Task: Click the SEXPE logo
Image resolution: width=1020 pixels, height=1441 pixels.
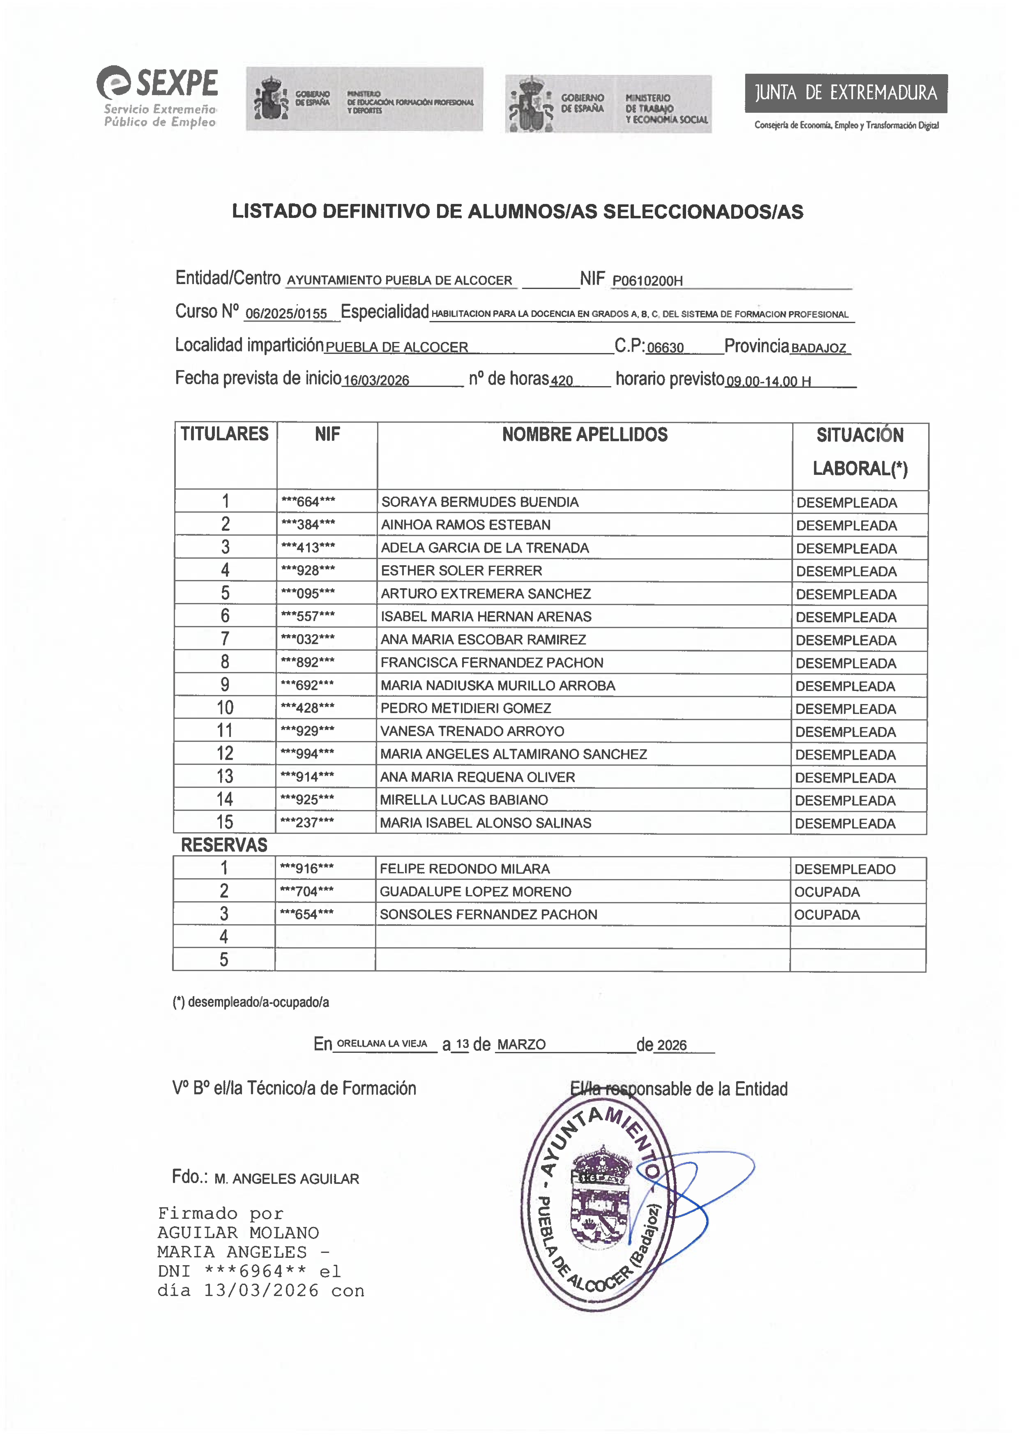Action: (x=157, y=96)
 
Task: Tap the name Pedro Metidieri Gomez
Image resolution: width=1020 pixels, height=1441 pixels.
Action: (x=465, y=708)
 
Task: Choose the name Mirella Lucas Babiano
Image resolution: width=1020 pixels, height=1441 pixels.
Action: (x=464, y=800)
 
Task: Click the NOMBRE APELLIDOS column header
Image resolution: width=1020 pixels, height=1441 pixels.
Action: (x=584, y=434)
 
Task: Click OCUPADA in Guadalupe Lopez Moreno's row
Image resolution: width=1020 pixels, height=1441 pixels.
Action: (x=827, y=892)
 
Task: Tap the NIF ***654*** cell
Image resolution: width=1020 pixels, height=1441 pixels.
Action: (x=306, y=914)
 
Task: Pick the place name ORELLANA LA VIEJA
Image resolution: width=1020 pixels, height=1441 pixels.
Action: (x=382, y=1044)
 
